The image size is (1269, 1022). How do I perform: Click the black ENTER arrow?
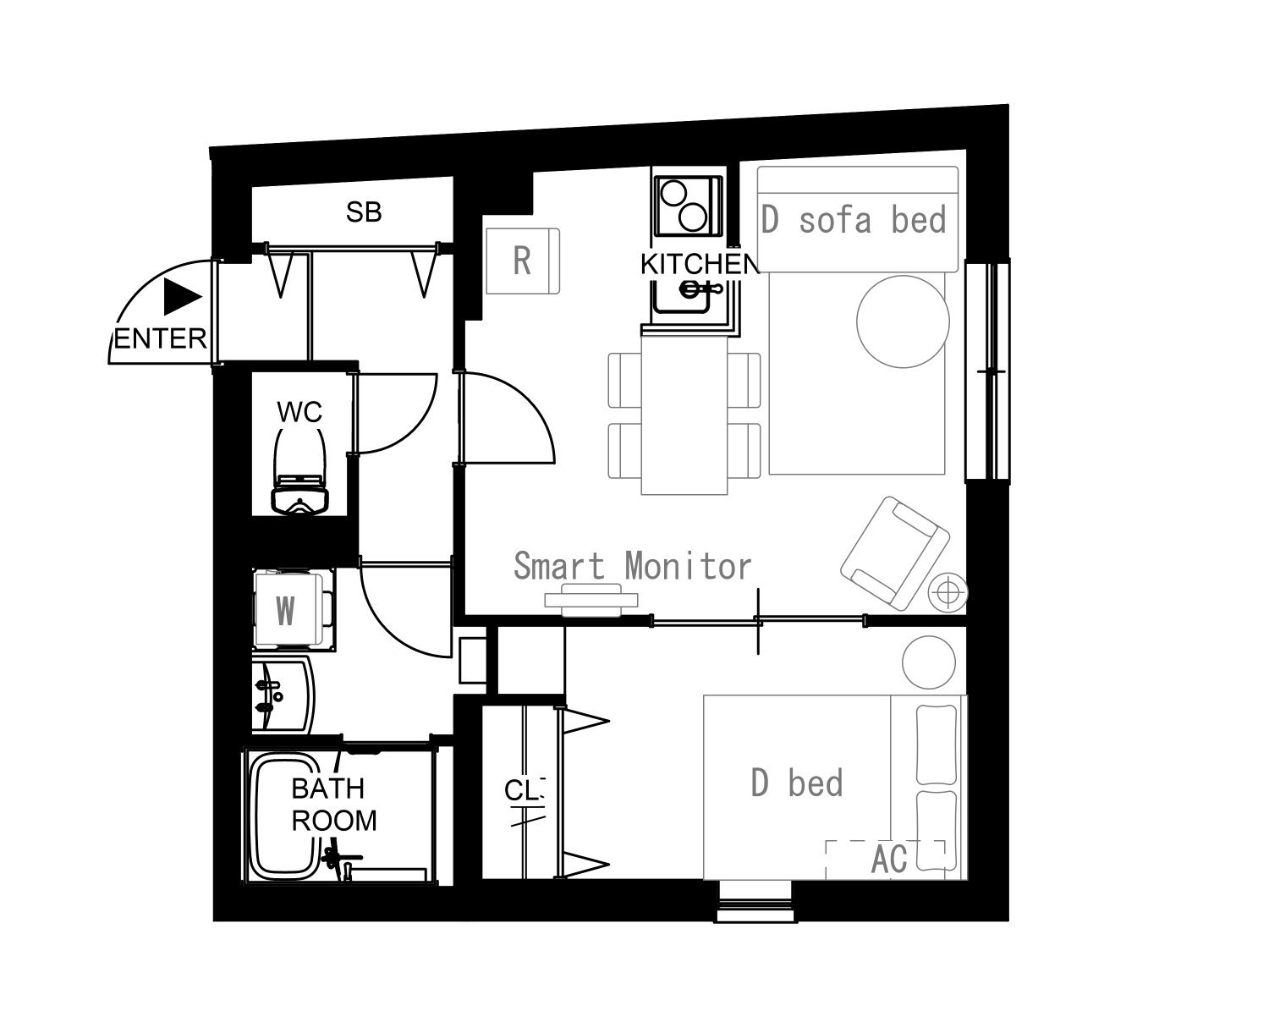tap(182, 296)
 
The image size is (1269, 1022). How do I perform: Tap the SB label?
tap(364, 212)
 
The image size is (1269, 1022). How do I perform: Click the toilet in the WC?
tap(299, 470)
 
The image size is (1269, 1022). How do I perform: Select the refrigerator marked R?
tap(523, 261)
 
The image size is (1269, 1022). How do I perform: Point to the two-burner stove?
tap(688, 206)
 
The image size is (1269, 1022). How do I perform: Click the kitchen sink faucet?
tap(700, 289)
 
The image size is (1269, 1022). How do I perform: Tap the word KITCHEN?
tap(700, 265)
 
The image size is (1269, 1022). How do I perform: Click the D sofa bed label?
tap(854, 220)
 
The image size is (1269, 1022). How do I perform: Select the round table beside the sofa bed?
tap(903, 321)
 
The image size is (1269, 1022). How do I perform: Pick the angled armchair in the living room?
tap(894, 552)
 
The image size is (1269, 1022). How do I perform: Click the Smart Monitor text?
tap(633, 566)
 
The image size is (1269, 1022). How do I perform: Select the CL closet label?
tap(525, 791)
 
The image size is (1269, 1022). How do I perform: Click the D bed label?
tap(797, 783)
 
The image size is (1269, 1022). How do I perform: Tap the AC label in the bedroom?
tap(889, 860)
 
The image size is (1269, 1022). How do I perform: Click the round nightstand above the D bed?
tap(929, 662)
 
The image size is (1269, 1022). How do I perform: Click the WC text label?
tap(299, 412)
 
